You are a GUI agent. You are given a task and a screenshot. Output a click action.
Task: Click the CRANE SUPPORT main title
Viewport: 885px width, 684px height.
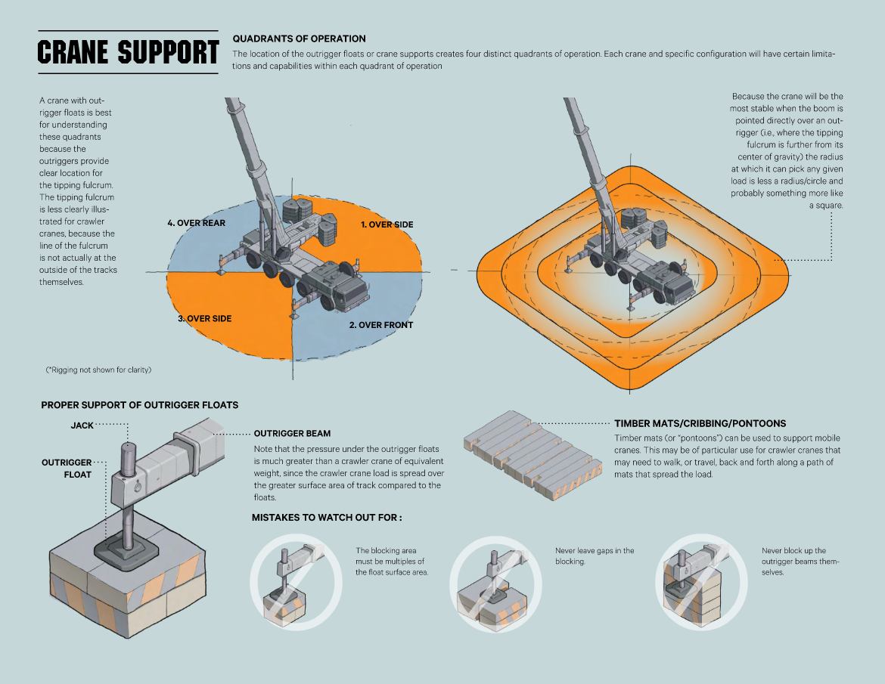[128, 53]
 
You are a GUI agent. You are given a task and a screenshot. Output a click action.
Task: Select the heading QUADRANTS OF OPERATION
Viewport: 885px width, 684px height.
[299, 39]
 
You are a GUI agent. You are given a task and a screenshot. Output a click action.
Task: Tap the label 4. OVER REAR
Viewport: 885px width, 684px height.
[197, 223]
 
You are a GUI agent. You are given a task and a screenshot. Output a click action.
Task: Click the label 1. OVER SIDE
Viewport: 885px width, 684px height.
[386, 224]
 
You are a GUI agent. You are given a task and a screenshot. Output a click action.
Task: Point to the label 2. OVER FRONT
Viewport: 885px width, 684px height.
[381, 325]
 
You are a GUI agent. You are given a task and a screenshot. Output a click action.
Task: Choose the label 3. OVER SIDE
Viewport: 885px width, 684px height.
[204, 318]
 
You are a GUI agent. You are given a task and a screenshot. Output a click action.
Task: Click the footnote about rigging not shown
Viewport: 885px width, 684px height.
[98, 370]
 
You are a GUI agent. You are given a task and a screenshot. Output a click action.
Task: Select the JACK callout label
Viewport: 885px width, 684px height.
[82, 426]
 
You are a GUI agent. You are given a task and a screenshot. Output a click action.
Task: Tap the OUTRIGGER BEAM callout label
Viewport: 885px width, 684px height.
[292, 434]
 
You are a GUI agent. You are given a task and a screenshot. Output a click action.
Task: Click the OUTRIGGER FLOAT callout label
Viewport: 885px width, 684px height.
[67, 468]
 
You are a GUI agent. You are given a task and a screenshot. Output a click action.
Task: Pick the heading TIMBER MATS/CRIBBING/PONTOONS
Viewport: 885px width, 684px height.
[700, 423]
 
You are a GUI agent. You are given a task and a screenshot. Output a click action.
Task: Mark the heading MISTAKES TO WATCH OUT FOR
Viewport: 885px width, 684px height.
[327, 518]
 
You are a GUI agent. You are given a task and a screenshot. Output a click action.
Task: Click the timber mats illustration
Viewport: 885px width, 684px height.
[533, 457]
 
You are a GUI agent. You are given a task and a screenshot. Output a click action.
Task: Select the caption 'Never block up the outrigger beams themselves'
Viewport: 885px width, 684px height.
[800, 562]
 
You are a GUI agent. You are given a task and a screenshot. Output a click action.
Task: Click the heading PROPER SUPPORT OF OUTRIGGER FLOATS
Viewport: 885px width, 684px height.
[140, 405]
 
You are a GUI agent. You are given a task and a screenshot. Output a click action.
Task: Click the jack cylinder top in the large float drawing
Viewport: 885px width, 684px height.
[128, 450]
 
